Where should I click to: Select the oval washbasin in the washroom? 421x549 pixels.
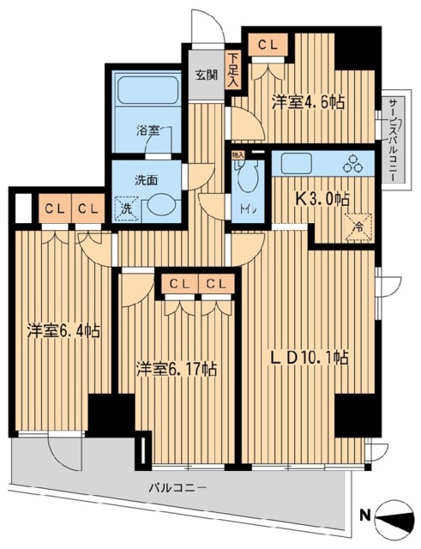coord(159,206)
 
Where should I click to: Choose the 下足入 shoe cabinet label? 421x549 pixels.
coord(233,64)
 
